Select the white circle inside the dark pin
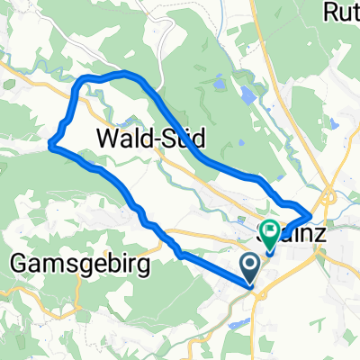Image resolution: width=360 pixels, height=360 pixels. [x=251, y=263]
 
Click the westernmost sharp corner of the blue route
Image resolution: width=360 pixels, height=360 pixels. [x=50, y=147]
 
